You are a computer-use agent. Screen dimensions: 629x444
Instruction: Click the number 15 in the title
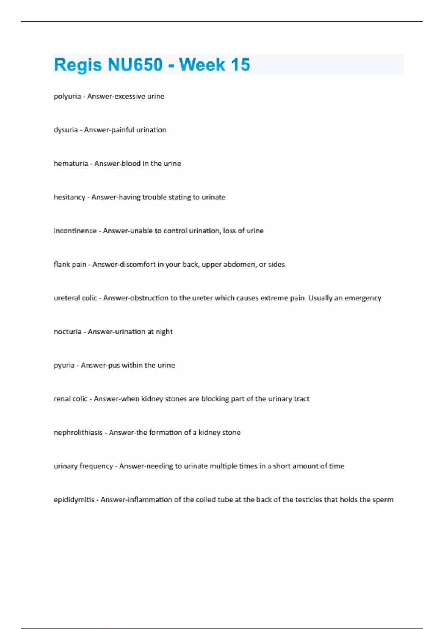(240, 65)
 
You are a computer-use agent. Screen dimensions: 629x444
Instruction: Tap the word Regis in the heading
(78, 65)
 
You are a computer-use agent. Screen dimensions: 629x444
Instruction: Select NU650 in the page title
(135, 65)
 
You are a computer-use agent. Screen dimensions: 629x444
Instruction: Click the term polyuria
(67, 97)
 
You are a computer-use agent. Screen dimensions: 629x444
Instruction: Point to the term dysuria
(65, 130)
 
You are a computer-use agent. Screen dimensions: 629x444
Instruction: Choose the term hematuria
(71, 164)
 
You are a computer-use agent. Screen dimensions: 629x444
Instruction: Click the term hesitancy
(70, 197)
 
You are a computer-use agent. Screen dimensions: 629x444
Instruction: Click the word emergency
(363, 298)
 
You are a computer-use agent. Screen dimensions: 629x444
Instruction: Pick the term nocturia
(67, 332)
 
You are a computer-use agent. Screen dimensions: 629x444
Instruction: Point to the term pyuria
(64, 366)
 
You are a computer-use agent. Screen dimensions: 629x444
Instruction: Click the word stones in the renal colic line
(176, 399)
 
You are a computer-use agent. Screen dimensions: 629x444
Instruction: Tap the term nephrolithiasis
(78, 433)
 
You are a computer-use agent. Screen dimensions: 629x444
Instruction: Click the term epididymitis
(74, 500)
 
